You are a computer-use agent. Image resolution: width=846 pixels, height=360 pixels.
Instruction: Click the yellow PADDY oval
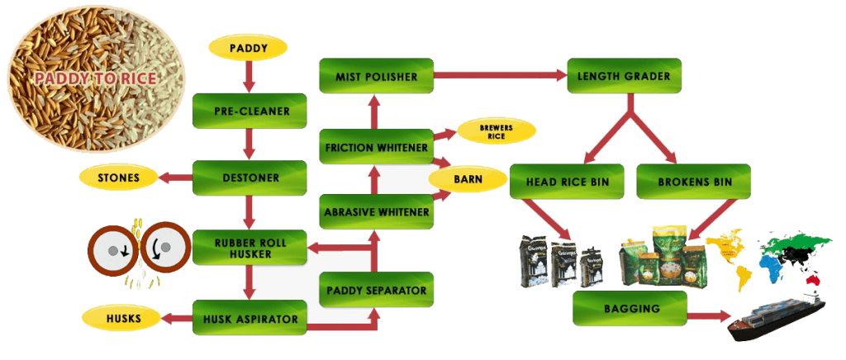coord(248,49)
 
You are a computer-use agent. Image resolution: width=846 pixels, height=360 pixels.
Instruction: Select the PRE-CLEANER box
coord(249,107)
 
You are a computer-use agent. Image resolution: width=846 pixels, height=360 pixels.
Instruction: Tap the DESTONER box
coord(249,177)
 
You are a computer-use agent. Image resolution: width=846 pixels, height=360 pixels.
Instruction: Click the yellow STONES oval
coord(118,177)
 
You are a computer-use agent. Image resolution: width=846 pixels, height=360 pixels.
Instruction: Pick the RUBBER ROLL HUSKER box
coord(249,247)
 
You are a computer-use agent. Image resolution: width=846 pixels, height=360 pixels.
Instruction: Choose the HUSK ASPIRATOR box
coord(249,317)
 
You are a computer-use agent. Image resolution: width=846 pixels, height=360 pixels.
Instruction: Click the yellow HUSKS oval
coord(118,317)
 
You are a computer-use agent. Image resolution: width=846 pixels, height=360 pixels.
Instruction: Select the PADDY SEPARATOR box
coord(376,290)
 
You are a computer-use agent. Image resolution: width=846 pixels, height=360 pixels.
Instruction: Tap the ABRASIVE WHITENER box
coord(376,212)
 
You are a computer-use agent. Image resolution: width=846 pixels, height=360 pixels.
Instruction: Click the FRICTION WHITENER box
coord(376,148)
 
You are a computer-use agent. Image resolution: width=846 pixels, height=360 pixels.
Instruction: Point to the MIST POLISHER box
coord(376,76)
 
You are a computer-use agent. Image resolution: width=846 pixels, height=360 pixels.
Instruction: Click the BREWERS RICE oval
coord(496,131)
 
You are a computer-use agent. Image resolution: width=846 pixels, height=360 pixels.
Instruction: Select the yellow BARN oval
coord(468,178)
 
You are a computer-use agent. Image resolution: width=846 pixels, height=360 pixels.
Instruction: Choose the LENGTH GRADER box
coord(623,76)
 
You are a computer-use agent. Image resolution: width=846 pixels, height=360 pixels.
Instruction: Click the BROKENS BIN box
coord(693,182)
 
